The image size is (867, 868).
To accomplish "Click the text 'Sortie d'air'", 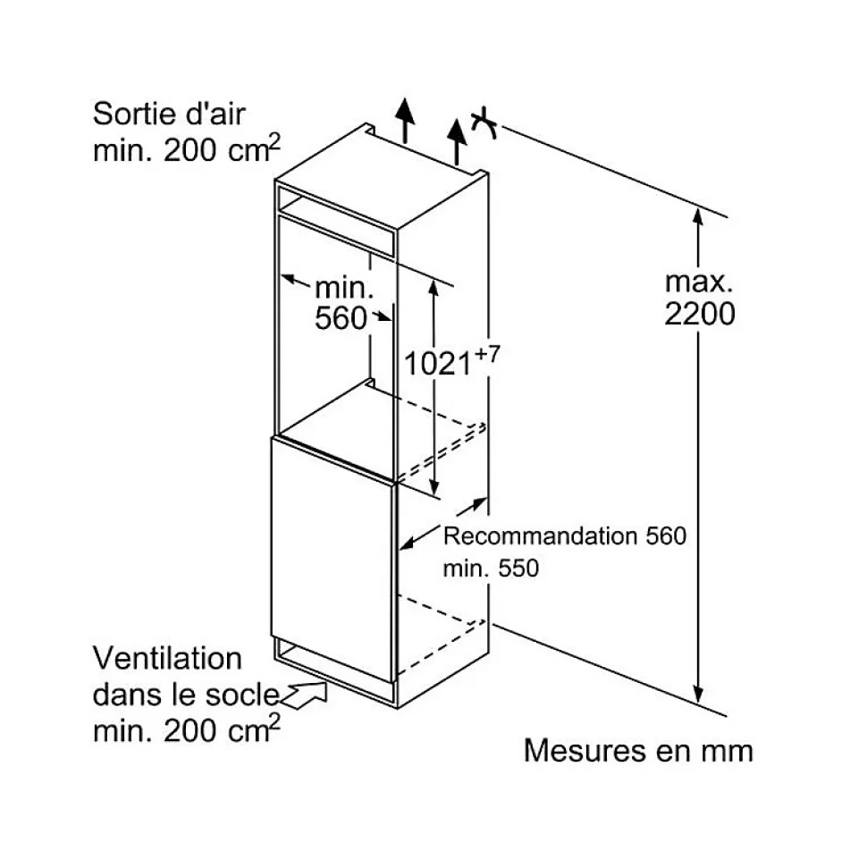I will [170, 114].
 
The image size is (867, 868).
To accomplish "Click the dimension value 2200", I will [700, 315].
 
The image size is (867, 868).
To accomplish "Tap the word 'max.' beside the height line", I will [698, 282].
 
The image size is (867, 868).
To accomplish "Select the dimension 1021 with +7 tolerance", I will [438, 363].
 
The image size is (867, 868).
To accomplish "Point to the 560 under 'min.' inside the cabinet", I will [341, 318].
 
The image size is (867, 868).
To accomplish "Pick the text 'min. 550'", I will [492, 568].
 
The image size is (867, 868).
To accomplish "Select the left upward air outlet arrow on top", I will [405, 119].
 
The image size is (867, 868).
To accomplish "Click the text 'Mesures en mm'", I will [638, 751].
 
